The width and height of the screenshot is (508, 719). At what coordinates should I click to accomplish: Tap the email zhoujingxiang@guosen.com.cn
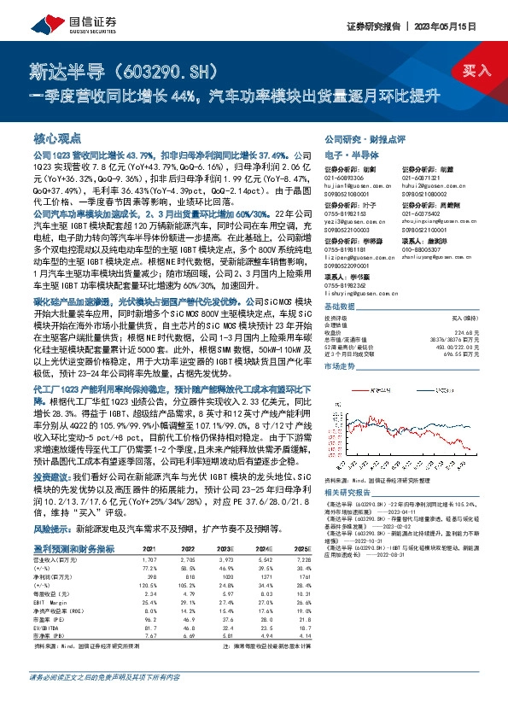click(x=438, y=220)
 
